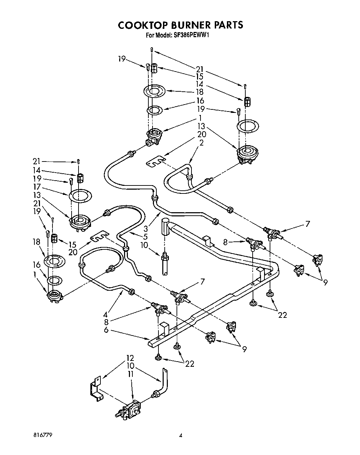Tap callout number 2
click(x=202, y=143)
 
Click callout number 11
click(x=131, y=375)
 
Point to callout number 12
click(x=130, y=358)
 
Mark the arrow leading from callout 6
click(x=132, y=334)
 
